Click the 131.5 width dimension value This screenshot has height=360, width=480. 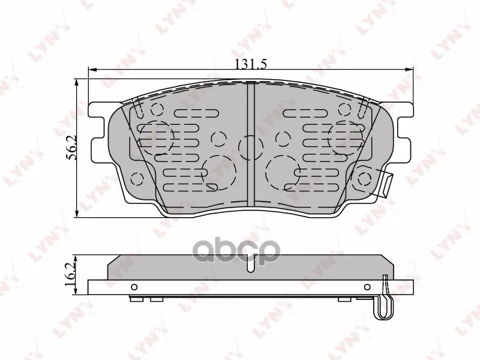coord(251,64)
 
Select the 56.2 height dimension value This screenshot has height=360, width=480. coord(71,148)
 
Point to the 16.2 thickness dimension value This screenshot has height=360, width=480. coord(71,275)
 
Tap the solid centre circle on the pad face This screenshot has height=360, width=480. coord(251,148)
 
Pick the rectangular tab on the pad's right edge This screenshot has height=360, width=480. coord(386,184)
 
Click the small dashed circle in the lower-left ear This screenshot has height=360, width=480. coord(137,179)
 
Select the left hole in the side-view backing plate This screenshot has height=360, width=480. coord(134,287)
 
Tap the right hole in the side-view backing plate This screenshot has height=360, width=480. coord(367,287)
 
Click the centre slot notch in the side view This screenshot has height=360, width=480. coord(251,263)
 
